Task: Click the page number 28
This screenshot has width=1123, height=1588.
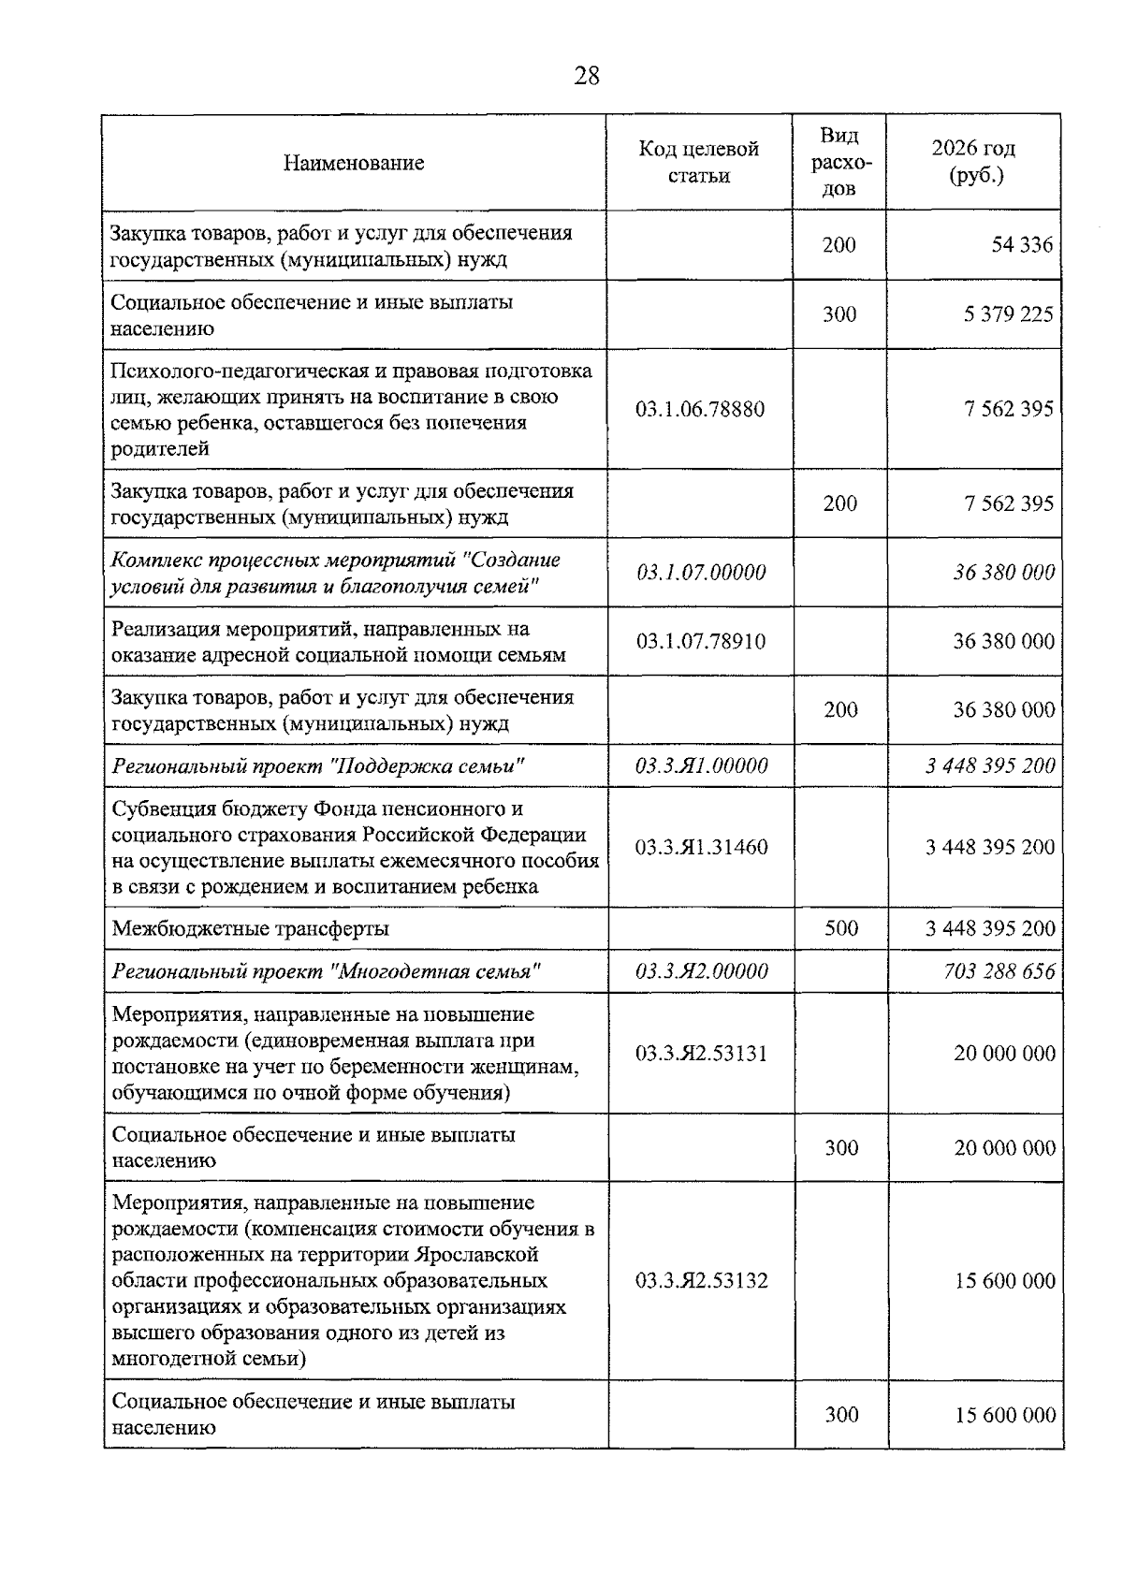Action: (x=586, y=76)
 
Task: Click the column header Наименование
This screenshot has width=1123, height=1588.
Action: (x=354, y=163)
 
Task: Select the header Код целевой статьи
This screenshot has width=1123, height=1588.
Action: (x=698, y=162)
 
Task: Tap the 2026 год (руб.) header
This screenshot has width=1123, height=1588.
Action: (x=973, y=162)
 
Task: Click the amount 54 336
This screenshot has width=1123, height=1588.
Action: (x=1022, y=245)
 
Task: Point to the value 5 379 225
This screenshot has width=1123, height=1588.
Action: (x=1008, y=314)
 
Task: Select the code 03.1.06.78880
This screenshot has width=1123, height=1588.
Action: (x=699, y=409)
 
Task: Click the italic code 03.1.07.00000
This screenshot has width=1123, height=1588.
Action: (x=700, y=572)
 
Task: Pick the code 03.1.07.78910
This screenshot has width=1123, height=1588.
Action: (x=700, y=641)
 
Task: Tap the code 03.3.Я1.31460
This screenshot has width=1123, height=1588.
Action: (x=701, y=847)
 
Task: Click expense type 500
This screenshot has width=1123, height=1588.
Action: (x=840, y=928)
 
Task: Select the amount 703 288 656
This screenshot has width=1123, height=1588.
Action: (x=999, y=971)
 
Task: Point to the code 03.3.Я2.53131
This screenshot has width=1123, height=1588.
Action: (x=701, y=1053)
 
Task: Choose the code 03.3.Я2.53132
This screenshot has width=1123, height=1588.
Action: (x=701, y=1280)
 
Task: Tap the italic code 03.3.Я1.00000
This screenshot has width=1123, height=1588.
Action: (x=701, y=765)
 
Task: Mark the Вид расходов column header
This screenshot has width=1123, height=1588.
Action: (x=839, y=162)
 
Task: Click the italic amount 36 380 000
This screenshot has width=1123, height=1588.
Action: (x=1003, y=572)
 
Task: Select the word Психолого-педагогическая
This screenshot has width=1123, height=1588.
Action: (x=235, y=371)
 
